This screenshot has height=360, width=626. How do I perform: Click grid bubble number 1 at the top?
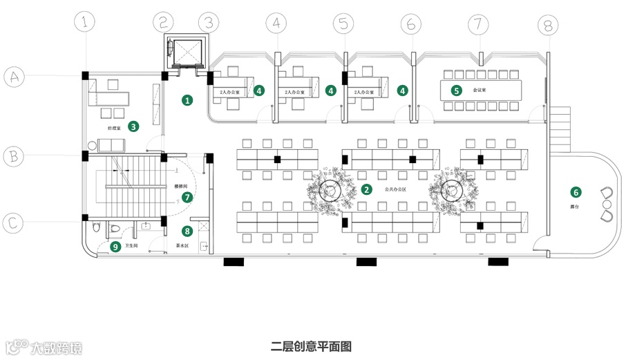pyautogui.click(x=86, y=23)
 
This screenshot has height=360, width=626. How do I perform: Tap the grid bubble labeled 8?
pyautogui.click(x=547, y=26)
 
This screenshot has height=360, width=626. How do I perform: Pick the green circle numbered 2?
pyautogui.click(x=367, y=189)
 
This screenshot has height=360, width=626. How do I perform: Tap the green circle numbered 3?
pyautogui.click(x=133, y=126)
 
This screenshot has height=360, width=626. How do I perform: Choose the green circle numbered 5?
pyautogui.click(x=456, y=90)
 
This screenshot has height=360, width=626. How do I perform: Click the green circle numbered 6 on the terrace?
pyautogui.click(x=575, y=192)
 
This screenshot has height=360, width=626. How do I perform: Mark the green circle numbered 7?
pyautogui.click(x=186, y=197)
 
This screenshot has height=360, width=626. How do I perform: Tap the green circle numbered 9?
pyautogui.click(x=115, y=246)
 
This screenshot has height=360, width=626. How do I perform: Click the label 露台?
pyautogui.click(x=574, y=206)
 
